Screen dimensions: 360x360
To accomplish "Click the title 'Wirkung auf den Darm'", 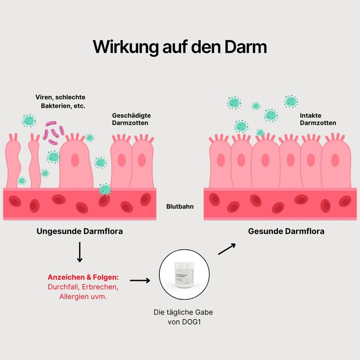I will (x=180, y=47).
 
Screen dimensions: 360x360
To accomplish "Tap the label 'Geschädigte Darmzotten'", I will (x=130, y=119).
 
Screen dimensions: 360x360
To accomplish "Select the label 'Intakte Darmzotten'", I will (x=318, y=119).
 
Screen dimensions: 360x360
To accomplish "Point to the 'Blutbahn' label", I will (x=180, y=207).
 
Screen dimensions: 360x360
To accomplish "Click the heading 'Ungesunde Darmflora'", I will (x=80, y=231).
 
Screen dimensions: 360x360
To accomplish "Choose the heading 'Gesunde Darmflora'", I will (x=286, y=231).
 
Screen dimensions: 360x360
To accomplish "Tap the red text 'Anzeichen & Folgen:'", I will (x=83, y=277).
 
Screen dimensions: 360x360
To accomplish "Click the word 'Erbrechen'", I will (x=101, y=287).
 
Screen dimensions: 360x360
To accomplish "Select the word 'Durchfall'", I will (x=63, y=287).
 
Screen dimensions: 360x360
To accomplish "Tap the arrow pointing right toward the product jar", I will (x=140, y=280).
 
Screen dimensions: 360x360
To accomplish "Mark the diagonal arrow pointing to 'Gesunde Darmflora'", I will (x=227, y=249).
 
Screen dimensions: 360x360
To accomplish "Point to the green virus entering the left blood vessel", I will (x=105, y=189).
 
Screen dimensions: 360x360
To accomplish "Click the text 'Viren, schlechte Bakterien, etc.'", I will (x=61, y=101).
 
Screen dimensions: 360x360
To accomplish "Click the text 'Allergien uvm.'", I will (x=83, y=297).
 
